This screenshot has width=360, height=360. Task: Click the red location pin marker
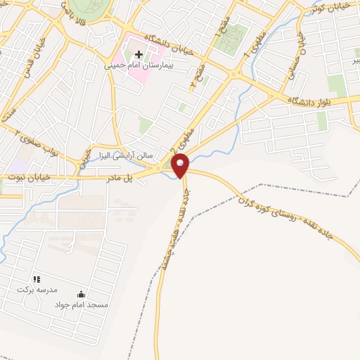click(x=181, y=165)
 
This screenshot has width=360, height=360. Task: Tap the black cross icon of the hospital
click(x=139, y=54)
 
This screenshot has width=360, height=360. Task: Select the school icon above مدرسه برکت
click(x=37, y=279)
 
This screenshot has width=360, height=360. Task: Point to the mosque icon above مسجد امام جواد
click(x=81, y=295)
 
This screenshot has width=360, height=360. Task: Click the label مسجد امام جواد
click(x=82, y=305)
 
